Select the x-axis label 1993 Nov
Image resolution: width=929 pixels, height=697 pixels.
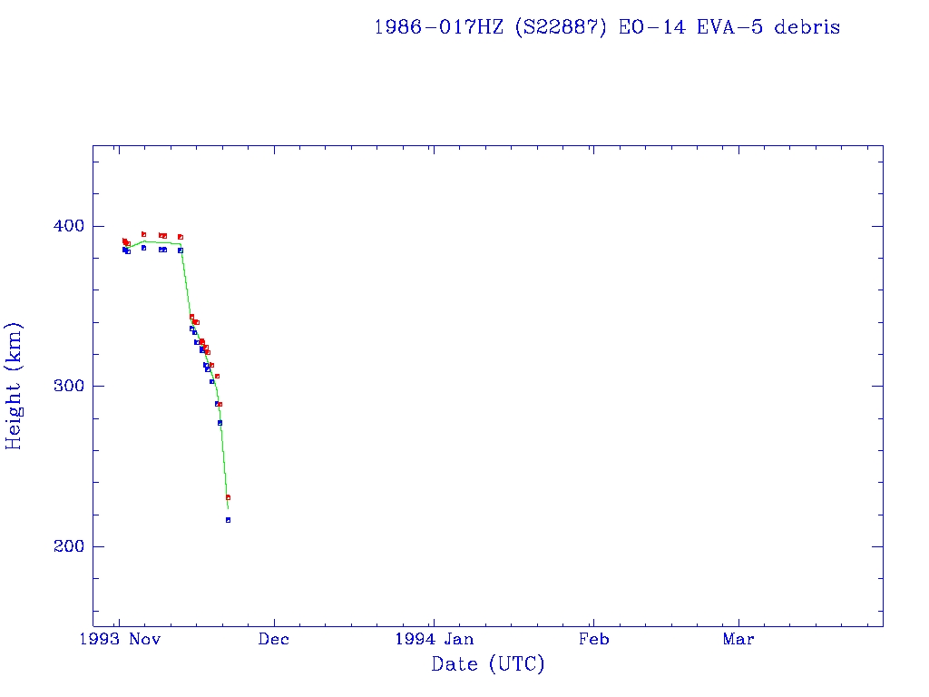pos(119,639)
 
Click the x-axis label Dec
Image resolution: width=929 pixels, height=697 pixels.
pos(274,639)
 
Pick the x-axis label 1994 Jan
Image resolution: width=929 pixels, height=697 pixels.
pos(434,639)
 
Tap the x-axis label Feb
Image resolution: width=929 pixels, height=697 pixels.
pos(593,639)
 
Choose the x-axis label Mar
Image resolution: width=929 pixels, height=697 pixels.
pos(738,639)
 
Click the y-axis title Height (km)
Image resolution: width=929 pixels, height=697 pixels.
pos(14,386)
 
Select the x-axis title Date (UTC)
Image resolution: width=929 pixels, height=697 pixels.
pos(488,664)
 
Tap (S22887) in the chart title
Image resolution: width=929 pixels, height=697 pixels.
pos(562,27)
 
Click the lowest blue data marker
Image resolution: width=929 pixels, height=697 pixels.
pos(228,520)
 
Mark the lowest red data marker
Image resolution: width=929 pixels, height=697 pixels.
pos(228,497)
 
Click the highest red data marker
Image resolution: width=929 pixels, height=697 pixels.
pos(143,234)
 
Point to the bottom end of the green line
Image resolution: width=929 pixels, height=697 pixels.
pos(228,509)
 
